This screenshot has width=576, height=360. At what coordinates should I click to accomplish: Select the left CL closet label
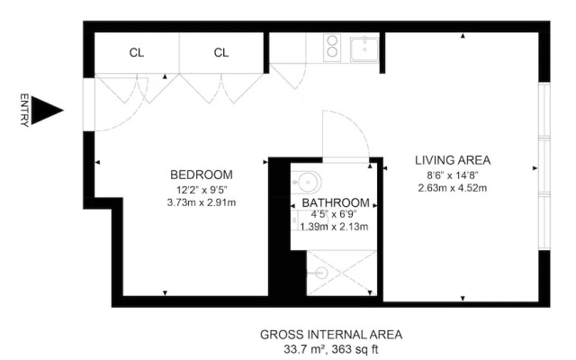tap(136, 53)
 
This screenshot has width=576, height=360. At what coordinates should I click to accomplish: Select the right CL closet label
tap(221, 53)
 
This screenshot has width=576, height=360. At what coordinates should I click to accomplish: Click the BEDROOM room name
tap(202, 175)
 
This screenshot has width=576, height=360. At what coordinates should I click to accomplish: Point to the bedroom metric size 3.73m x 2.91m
tap(202, 202)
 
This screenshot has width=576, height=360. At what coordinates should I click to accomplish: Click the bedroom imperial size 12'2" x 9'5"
tap(202, 189)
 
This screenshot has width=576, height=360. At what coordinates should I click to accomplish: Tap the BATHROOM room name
tap(335, 203)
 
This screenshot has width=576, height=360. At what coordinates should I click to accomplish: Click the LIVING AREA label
tap(453, 160)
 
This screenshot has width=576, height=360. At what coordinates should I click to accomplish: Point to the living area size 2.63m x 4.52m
tap(453, 188)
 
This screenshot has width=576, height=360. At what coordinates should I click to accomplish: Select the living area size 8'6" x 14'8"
tap(453, 175)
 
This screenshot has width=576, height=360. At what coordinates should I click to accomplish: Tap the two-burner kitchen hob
tap(331, 47)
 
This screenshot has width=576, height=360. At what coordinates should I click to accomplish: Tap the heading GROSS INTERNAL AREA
tap(331, 334)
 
